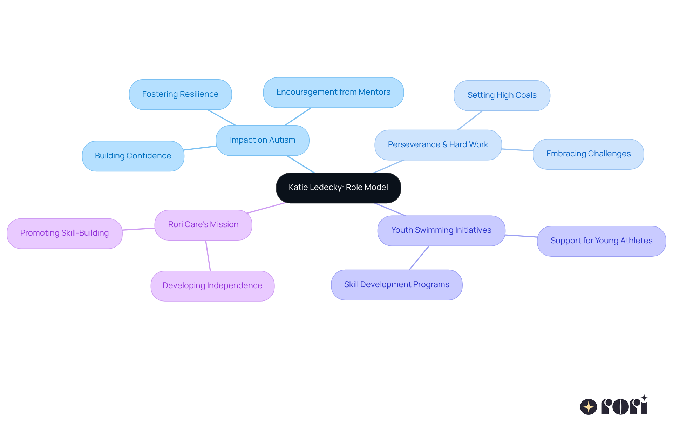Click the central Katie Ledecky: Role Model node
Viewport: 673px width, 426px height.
coord(338,188)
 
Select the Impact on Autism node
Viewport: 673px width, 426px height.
coord(262,140)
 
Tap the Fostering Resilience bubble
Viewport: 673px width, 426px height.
coord(180,94)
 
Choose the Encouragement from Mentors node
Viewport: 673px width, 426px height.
coord(333,92)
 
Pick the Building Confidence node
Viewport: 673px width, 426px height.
coord(133,156)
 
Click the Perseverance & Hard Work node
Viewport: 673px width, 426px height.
coord(438,145)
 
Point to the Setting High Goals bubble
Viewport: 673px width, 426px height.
coord(502,95)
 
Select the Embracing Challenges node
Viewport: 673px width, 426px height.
coord(588,154)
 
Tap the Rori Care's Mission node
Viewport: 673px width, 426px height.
coord(203,225)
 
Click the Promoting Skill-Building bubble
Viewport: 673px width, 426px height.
coord(64,233)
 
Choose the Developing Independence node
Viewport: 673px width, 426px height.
coord(212,286)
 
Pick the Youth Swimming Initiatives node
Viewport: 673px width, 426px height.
coord(441,230)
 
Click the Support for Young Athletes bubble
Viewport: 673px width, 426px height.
coord(601,241)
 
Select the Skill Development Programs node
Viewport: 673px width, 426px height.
coord(396,285)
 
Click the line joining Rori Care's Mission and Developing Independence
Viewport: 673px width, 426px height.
coord(208,255)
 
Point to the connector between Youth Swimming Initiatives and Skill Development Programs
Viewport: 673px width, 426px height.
coord(419,258)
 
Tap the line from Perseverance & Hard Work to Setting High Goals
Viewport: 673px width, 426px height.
coord(470,120)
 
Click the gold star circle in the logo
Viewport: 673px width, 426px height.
coord(588,407)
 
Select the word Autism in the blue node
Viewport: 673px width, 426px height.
coord(282,140)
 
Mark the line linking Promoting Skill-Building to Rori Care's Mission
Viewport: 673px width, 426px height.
coord(138,229)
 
